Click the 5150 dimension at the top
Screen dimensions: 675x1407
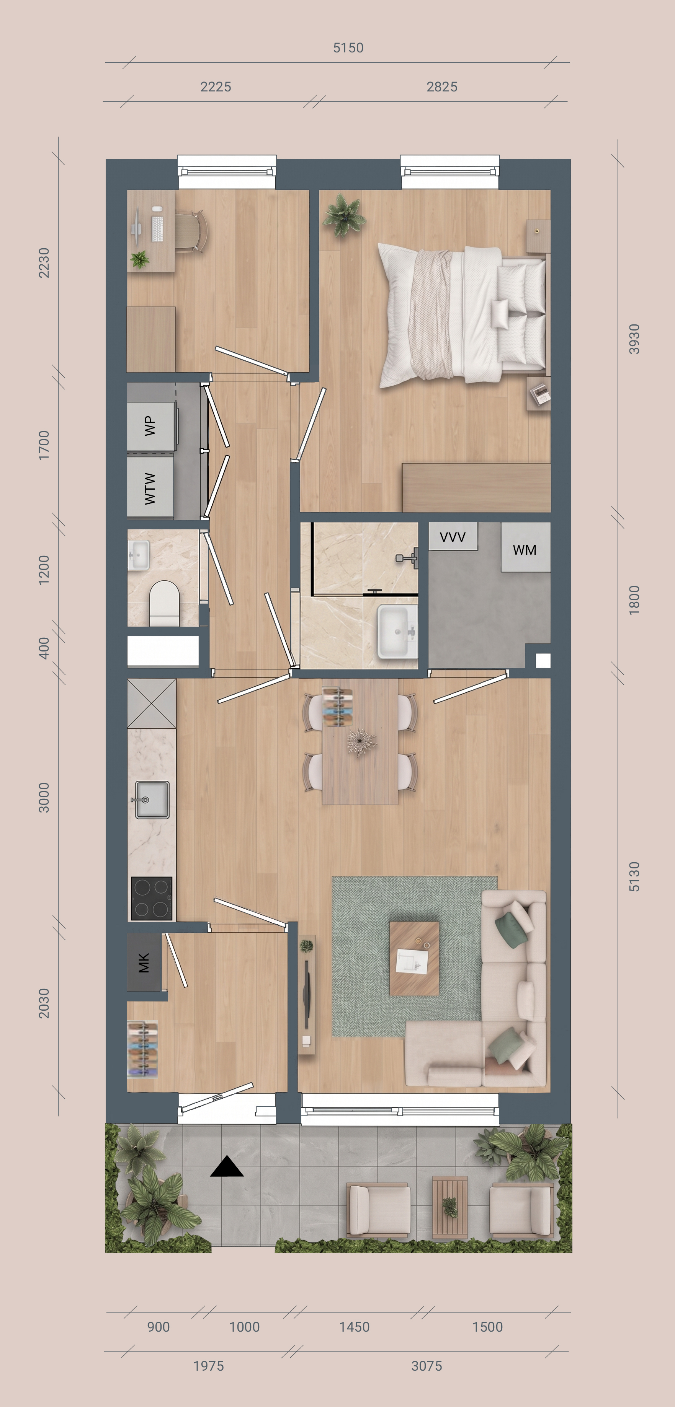[x=348, y=48]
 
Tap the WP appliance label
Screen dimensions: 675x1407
[x=149, y=426]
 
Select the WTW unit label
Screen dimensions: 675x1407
[x=149, y=488]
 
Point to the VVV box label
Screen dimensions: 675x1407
[x=453, y=537]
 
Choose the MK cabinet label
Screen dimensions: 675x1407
[x=144, y=963]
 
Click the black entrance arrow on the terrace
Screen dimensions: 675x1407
[x=227, y=1167]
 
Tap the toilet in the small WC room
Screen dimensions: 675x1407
[x=165, y=603]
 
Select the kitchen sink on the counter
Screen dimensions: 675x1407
[x=151, y=800]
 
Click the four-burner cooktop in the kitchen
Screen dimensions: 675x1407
[x=152, y=899]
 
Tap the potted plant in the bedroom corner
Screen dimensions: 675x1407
[x=344, y=215]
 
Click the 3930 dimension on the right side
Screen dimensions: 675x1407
[x=634, y=339]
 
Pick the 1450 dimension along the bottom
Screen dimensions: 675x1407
[x=354, y=1327]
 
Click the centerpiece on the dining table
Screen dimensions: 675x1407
[x=361, y=742]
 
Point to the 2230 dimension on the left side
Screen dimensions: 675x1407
[x=44, y=263]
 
